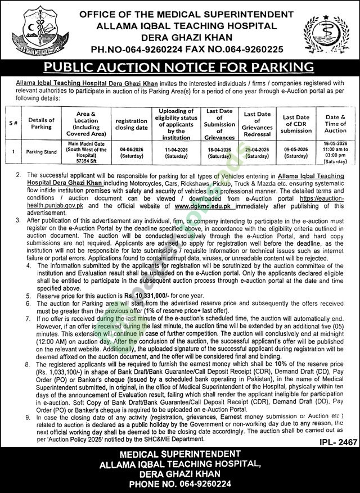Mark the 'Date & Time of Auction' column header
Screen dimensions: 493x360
[x=335, y=124]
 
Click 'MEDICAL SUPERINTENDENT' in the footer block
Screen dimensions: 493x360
[x=179, y=453]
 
